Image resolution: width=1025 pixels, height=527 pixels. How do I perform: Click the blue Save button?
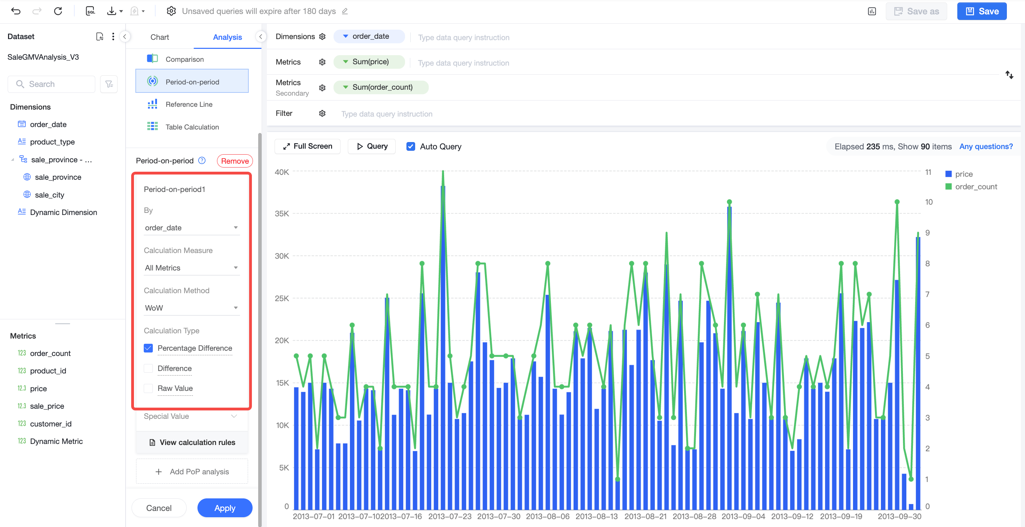coord(982,11)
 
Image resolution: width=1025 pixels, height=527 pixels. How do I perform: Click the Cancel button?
coord(159,508)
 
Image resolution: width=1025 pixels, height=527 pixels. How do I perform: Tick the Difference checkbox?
coord(148,368)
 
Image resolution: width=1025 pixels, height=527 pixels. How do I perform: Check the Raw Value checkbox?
coord(148,388)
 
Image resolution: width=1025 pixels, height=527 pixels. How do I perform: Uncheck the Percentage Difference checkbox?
coord(148,348)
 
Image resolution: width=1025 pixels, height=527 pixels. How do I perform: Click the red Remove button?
coord(235,161)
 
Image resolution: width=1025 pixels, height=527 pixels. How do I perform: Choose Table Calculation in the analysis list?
coord(192,127)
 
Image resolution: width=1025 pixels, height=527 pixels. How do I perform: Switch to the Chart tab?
coord(159,37)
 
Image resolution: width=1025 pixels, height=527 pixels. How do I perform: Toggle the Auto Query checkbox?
coord(411,147)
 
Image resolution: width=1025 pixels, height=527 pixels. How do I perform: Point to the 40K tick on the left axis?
coord(282,172)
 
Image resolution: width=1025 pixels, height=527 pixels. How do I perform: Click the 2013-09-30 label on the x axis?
coord(899,516)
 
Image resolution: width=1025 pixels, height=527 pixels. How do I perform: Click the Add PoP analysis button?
coord(192,471)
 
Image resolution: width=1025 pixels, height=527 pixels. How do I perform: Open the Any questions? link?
coord(986,147)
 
